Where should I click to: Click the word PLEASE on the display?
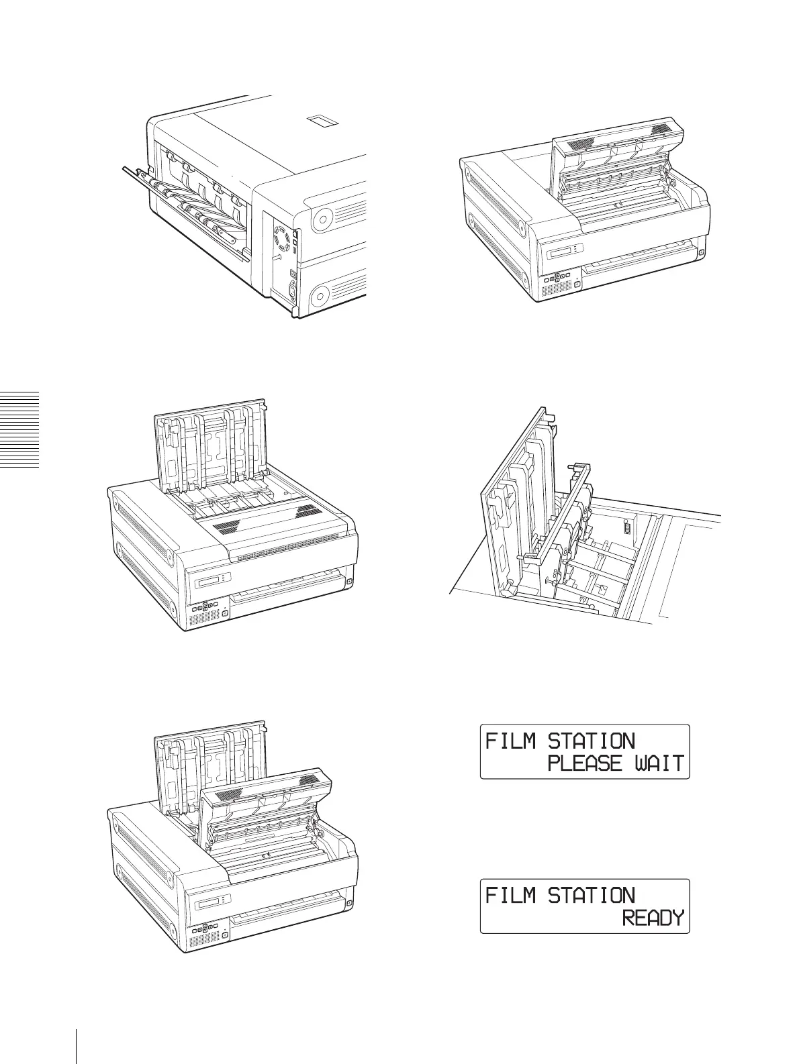pos(585,763)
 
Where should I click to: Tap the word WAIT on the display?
pos(660,763)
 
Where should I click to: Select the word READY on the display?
pos(653,918)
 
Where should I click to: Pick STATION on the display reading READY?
pos(591,896)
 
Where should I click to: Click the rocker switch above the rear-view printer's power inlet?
pos(292,274)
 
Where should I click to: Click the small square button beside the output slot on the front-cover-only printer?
pos(701,254)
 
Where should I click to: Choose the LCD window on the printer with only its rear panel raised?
pos(210,580)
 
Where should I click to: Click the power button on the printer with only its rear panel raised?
pos(224,613)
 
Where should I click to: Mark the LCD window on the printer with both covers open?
pos(210,900)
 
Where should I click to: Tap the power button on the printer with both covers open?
pos(224,933)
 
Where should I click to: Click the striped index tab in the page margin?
pos(19,430)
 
